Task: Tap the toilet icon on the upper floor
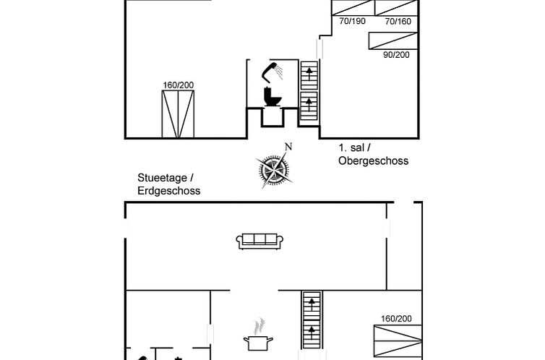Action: [x=272, y=96]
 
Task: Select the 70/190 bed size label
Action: [x=353, y=21]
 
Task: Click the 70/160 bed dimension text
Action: [x=398, y=21]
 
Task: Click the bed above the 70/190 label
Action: [x=353, y=7]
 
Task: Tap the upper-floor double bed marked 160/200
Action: [x=178, y=113]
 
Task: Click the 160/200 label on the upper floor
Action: [x=178, y=85]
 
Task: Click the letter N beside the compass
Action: [x=288, y=147]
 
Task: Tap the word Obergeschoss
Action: [x=373, y=160]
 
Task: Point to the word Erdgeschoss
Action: [x=168, y=191]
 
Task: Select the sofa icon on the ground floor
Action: [x=258, y=241]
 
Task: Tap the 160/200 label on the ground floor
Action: [x=395, y=319]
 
